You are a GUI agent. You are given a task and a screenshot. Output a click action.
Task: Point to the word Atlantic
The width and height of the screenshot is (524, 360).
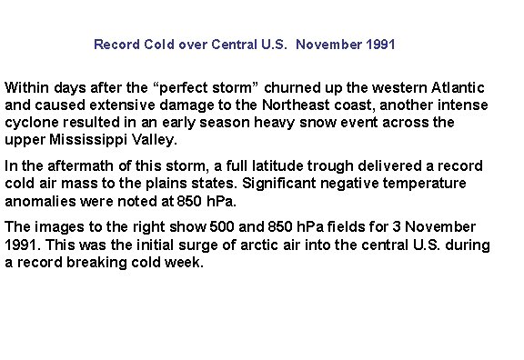(458, 88)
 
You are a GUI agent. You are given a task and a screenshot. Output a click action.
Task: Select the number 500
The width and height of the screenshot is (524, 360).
(195, 227)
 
